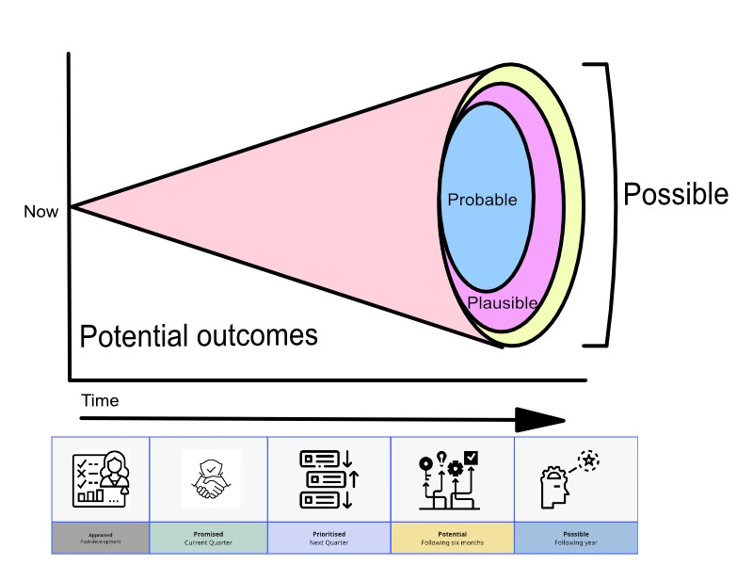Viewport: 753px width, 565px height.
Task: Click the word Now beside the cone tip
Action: coord(40,212)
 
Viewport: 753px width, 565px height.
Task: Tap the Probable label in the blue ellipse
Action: coord(483,200)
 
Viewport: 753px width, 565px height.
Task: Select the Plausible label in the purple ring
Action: coord(503,302)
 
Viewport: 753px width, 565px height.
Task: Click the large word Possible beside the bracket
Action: coord(676,194)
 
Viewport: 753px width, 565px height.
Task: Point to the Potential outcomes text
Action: coord(199,336)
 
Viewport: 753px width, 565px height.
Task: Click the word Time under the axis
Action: coord(100,400)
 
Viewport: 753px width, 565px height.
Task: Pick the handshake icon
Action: coord(210,480)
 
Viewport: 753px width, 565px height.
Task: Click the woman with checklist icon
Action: coord(102,479)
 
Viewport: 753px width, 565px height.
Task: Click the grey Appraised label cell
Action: coord(102,537)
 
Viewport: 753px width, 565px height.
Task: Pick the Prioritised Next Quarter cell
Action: coord(328,537)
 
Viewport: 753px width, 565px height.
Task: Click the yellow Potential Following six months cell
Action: coord(453,537)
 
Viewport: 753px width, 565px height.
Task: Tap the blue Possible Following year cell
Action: coord(576,537)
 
